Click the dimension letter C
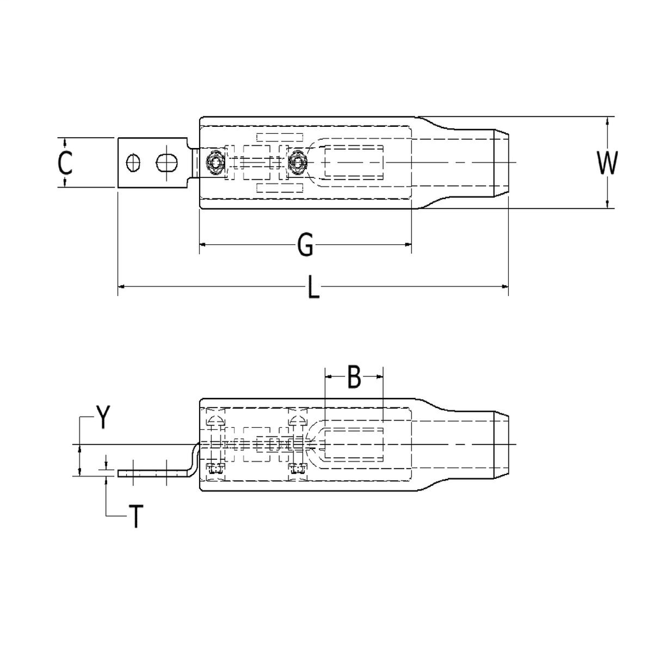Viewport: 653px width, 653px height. click(65, 163)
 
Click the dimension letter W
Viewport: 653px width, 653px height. click(607, 163)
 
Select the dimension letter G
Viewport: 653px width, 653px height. click(306, 246)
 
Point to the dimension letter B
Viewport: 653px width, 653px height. click(354, 378)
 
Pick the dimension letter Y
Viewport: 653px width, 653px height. click(103, 418)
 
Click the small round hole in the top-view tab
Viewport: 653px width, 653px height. click(133, 163)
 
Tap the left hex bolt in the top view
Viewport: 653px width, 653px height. click(216, 163)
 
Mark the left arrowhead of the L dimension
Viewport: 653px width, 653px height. click(122, 289)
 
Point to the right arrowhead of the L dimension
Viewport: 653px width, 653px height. click(504, 289)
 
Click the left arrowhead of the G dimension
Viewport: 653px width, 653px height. click(203, 245)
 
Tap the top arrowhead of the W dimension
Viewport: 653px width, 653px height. click(607, 121)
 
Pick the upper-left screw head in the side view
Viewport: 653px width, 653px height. click(216, 420)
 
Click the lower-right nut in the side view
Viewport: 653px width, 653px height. click(297, 469)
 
